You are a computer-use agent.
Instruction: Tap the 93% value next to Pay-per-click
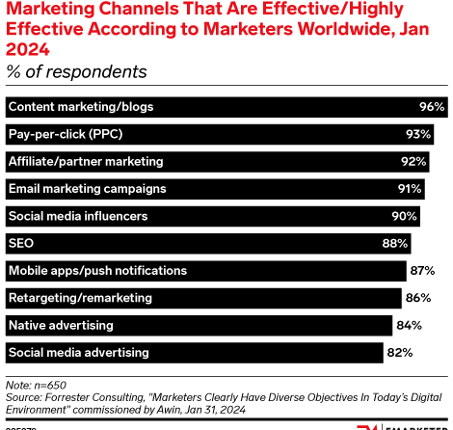tap(418, 134)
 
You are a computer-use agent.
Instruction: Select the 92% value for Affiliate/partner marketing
tap(414, 161)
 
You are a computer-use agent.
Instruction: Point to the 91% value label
tap(410, 189)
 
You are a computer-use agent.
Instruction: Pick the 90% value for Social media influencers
tap(405, 216)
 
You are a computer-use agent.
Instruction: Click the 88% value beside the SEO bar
tap(395, 244)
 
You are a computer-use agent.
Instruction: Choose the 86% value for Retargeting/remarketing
tap(418, 299)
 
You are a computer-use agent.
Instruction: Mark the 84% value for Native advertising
tap(409, 326)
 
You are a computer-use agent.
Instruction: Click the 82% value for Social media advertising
tap(399, 354)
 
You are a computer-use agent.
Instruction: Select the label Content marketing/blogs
tap(80, 106)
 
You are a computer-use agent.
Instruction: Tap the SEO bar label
tap(21, 244)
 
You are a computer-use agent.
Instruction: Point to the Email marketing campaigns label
tap(87, 189)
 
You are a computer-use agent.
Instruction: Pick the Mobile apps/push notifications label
tap(97, 271)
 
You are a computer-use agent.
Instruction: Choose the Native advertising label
tap(61, 326)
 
